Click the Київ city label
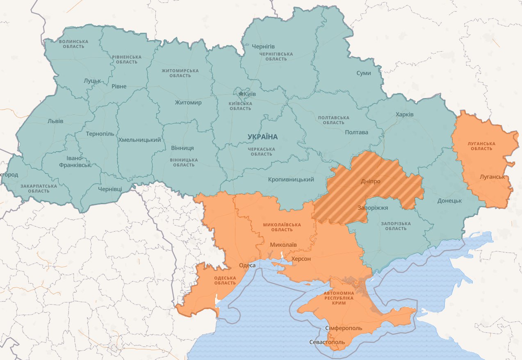click(x=250, y=94)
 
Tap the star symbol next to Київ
click(x=241, y=94)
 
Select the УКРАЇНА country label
click(x=262, y=137)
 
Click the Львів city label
click(x=55, y=121)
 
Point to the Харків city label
click(x=404, y=114)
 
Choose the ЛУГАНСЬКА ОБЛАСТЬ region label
click(x=481, y=146)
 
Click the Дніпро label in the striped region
click(x=371, y=181)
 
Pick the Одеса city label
click(x=247, y=265)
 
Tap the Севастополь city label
click(x=327, y=342)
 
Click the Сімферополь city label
click(x=343, y=328)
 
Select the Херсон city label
click(x=301, y=259)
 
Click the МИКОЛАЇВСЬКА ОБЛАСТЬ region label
click(x=282, y=227)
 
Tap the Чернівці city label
click(x=110, y=189)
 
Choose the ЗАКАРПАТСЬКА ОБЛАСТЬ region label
click(x=39, y=188)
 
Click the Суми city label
click(x=363, y=73)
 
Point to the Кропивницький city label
click(x=291, y=179)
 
